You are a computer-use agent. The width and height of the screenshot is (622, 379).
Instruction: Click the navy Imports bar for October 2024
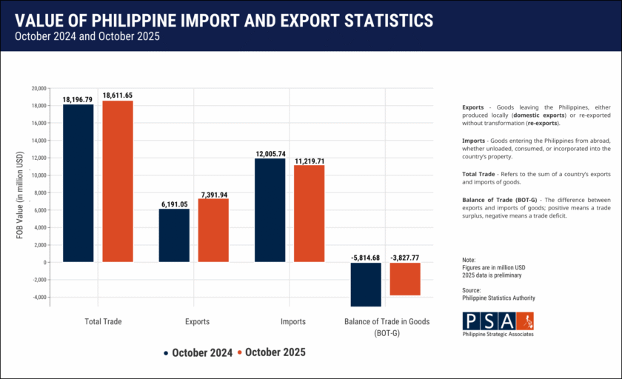click(270, 210)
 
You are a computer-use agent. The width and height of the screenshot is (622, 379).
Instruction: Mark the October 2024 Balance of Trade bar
click(366, 284)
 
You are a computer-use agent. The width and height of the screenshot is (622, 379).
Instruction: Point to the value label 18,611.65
click(118, 95)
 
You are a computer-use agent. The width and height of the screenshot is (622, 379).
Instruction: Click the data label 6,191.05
click(174, 204)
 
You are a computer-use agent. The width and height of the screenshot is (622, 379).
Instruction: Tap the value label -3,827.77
click(405, 258)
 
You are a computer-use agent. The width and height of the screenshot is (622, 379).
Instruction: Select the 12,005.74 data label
click(270, 153)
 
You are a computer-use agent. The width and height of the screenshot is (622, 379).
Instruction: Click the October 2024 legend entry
click(198, 353)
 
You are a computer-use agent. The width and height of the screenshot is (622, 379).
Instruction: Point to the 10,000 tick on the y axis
click(39, 175)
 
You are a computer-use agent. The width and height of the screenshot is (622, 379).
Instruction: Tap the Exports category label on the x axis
click(197, 322)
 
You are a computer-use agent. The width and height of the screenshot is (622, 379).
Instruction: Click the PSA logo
click(498, 322)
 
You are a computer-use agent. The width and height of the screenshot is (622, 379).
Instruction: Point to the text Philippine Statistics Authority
click(498, 298)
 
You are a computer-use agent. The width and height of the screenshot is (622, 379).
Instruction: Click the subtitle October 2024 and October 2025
click(87, 36)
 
